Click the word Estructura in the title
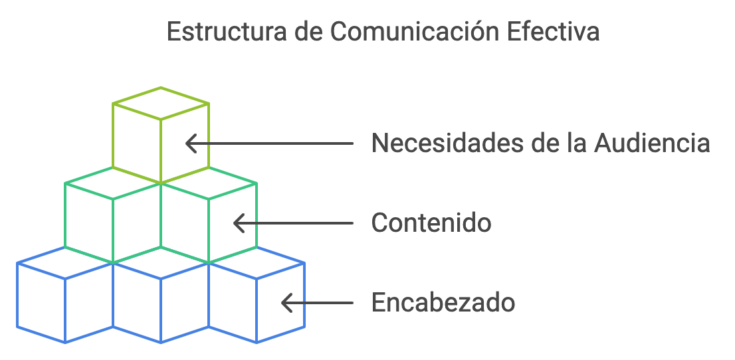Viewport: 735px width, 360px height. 227,33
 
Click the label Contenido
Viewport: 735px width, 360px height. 431,223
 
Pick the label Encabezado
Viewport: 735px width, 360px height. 443,302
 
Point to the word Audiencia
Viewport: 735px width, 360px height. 651,143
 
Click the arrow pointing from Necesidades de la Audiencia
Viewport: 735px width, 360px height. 269,143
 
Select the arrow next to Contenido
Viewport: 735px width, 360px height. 293,223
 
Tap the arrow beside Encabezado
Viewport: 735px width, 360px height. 317,303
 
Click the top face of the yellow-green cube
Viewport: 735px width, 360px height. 161,103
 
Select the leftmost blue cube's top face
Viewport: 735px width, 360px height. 64,263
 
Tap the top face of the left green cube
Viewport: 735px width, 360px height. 112,183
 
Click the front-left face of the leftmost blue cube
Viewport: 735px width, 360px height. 41,303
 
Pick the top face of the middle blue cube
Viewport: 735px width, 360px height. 161,263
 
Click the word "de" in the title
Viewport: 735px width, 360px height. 308,33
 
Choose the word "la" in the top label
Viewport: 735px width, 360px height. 576,143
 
